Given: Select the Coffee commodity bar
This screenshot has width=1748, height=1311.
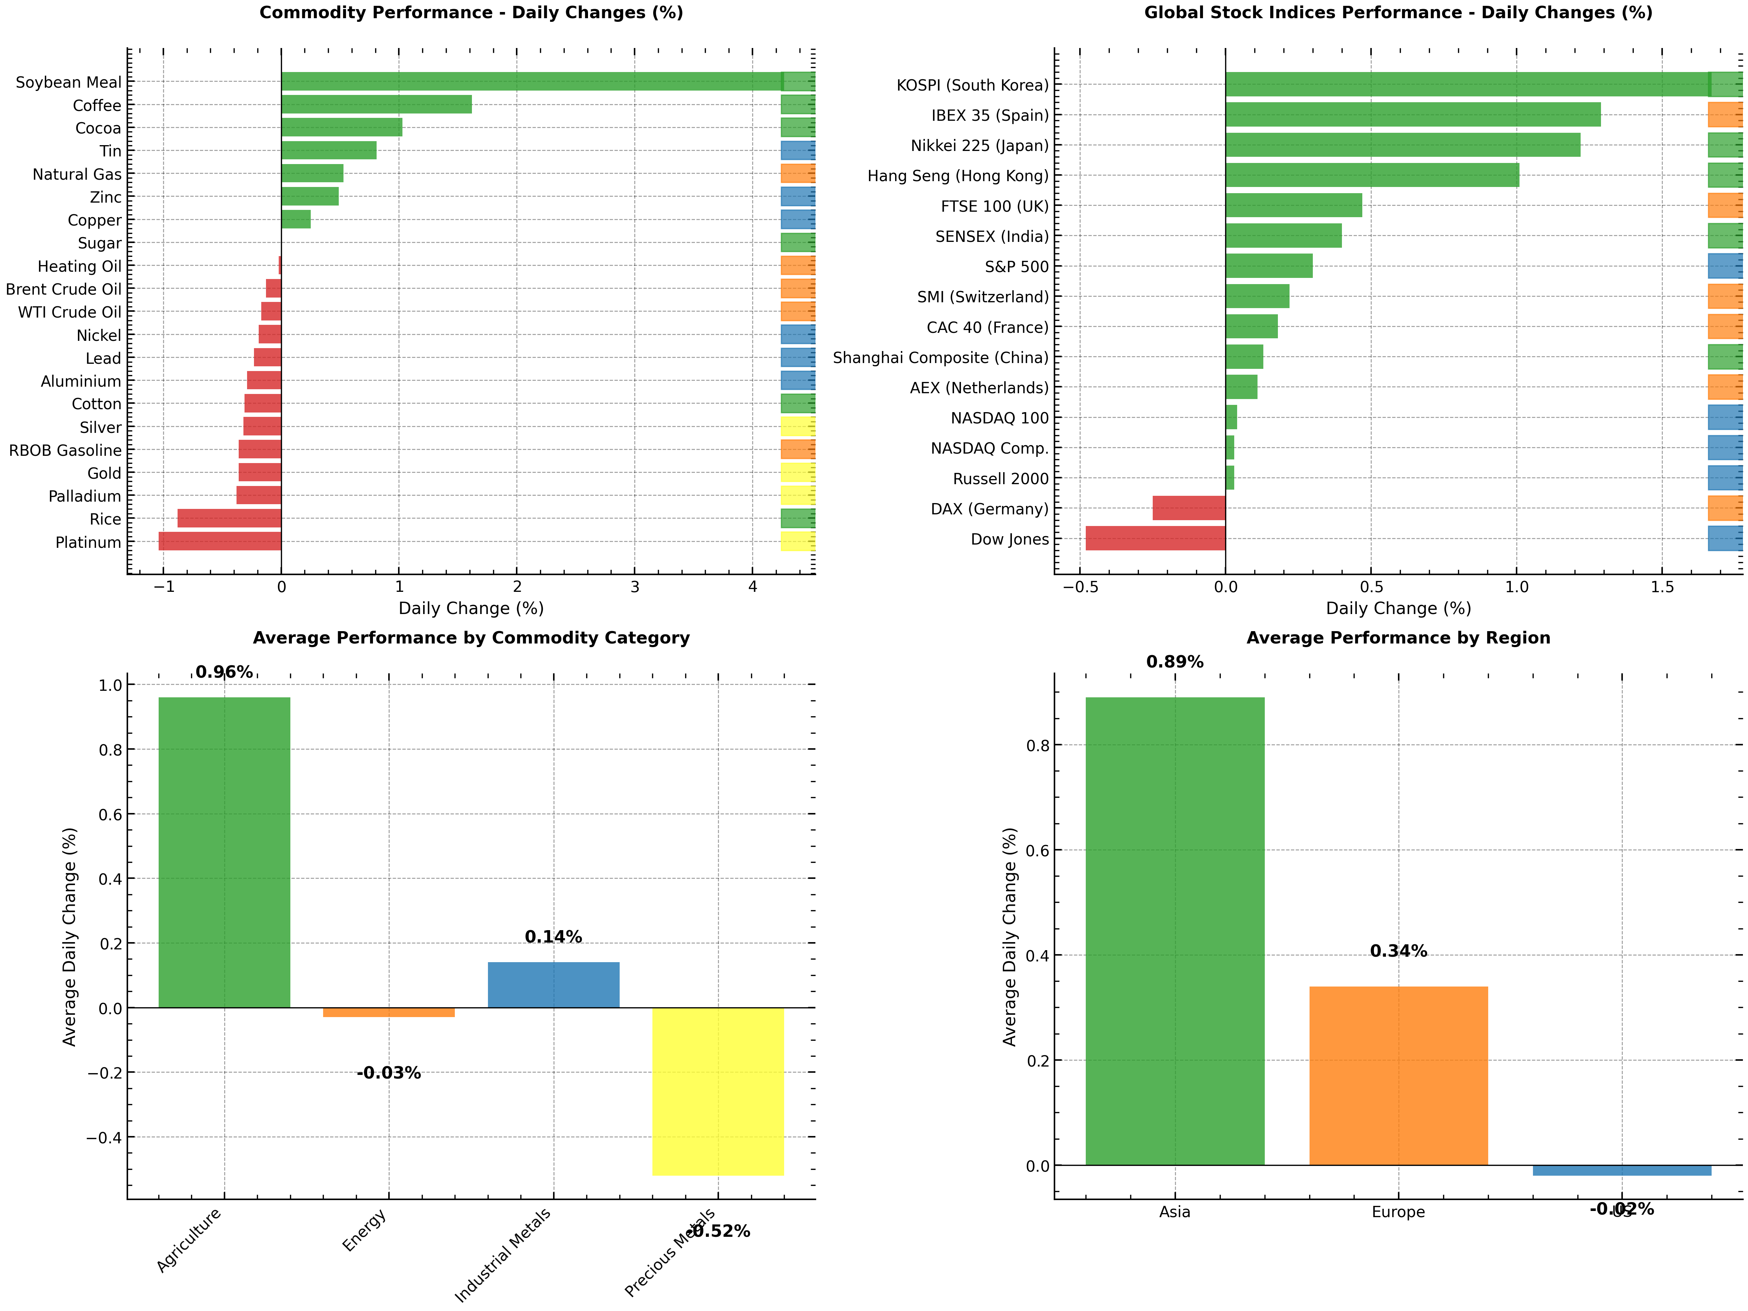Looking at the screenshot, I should (x=376, y=104).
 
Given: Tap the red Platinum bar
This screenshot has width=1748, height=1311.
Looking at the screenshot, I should (x=220, y=541).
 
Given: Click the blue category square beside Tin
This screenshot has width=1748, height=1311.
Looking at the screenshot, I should (x=797, y=150).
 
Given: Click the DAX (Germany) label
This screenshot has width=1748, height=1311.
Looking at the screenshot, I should (x=989, y=509).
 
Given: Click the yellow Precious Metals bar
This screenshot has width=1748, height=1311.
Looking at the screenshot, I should (x=718, y=1091).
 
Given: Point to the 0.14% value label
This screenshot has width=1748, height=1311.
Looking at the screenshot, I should (x=553, y=937).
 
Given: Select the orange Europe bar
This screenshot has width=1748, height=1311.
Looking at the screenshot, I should (x=1398, y=1076).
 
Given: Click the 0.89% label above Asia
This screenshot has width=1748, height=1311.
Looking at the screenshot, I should (x=1174, y=662).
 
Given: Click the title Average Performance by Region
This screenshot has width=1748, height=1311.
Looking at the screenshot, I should (x=1398, y=638).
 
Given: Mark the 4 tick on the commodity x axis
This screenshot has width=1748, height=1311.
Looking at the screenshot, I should (x=752, y=586).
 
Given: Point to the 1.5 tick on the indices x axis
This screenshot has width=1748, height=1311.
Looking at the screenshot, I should (x=1662, y=586).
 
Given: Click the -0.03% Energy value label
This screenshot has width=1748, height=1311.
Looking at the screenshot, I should (x=389, y=1073).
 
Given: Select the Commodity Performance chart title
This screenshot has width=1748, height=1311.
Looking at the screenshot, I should (x=471, y=13).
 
